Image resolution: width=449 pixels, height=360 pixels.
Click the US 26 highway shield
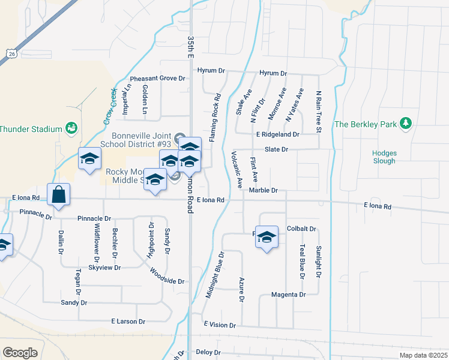[x=10, y=54]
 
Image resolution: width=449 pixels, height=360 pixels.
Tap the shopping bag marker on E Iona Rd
[x=59, y=195]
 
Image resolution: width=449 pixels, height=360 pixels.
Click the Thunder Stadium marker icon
[x=71, y=128]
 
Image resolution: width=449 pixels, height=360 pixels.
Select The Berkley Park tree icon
[x=406, y=124]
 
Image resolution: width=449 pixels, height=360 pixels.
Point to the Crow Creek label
[x=108, y=103]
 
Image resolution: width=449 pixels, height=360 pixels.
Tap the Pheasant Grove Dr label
[x=158, y=79]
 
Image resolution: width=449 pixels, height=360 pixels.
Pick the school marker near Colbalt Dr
[x=266, y=238]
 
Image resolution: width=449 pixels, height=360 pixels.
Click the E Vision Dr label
[x=219, y=325]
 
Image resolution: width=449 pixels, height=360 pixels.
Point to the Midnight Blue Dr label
[x=214, y=275]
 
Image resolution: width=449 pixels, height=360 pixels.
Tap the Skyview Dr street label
[x=105, y=268]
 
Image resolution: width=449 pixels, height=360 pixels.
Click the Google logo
[x=20, y=352]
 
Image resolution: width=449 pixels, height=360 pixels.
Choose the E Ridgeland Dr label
[x=277, y=134]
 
